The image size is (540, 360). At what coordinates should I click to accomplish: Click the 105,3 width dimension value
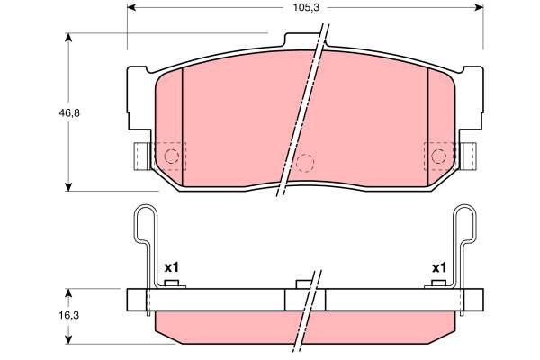point(306,7)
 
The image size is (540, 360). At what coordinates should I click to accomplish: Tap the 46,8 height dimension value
point(69,112)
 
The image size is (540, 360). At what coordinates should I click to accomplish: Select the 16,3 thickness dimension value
point(69,315)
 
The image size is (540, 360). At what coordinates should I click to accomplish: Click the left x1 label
point(172,267)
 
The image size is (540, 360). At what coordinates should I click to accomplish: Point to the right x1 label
point(439,267)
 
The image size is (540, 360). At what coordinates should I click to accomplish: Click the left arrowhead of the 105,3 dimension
point(131,7)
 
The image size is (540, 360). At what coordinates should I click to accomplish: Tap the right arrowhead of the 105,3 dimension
point(479,7)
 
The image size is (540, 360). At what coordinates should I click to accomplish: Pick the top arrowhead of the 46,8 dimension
point(69,38)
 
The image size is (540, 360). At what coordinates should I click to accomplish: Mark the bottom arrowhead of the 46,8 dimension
point(69,186)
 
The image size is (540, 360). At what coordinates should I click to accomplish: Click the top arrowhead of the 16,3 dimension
point(69,293)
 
